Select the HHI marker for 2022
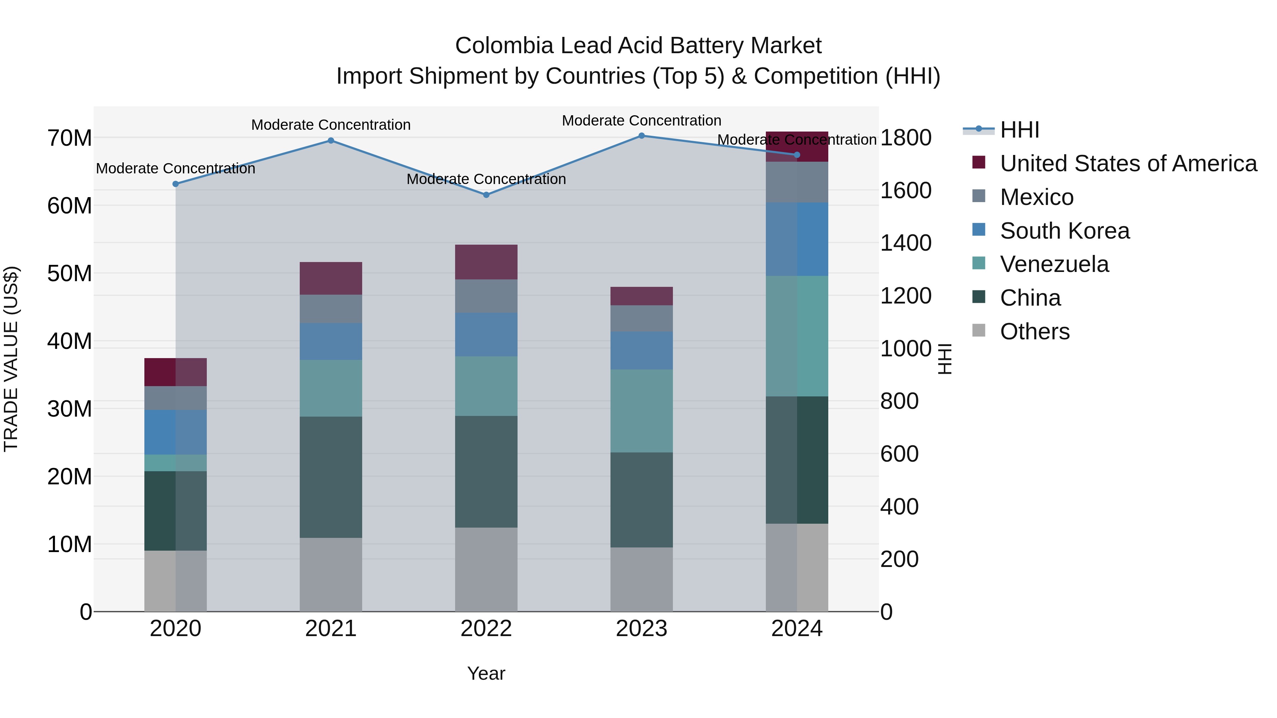coord(486,195)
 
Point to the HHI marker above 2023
coord(641,136)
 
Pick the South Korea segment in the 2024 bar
coord(797,239)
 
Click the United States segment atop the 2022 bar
coord(486,262)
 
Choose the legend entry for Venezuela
coord(1054,264)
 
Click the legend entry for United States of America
coord(1128,163)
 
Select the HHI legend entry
coord(1019,130)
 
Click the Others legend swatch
coord(979,330)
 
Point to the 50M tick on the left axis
coord(70,273)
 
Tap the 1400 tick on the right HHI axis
coord(905,243)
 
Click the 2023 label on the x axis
coord(641,629)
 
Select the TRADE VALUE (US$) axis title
coord(11,359)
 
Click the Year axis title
coord(486,673)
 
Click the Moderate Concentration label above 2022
coord(486,179)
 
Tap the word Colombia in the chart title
coord(504,46)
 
